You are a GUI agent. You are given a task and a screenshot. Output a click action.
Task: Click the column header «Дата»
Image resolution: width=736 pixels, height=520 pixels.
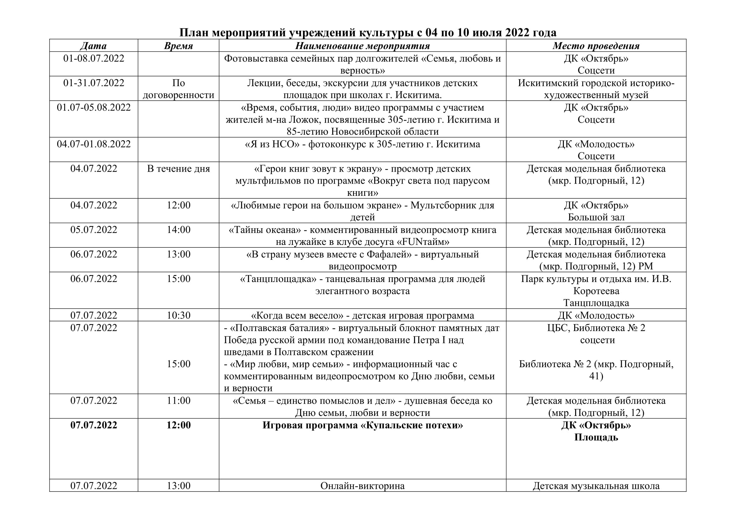click(93, 46)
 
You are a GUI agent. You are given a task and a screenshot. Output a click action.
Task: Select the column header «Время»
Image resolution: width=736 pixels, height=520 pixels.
click(178, 46)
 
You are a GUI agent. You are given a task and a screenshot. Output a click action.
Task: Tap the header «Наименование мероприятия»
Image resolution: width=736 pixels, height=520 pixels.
click(362, 46)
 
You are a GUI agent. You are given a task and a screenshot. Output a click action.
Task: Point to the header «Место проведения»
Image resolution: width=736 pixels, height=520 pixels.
click(596, 46)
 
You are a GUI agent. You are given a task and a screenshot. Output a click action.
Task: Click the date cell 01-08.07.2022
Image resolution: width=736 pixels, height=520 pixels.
click(93, 58)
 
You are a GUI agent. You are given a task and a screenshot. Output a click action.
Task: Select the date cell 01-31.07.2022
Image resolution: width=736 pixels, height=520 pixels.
click(93, 83)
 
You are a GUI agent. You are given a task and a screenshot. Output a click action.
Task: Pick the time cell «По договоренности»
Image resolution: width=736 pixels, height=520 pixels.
click(178, 89)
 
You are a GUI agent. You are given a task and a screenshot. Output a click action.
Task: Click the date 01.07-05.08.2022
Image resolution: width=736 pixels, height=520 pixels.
click(93, 107)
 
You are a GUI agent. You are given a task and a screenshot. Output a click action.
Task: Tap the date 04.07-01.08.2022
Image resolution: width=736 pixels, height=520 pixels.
click(93, 144)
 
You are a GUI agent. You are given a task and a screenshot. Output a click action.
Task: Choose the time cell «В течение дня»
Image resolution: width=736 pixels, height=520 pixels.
click(178, 169)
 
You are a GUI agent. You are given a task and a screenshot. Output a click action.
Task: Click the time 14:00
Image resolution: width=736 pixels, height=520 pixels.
click(178, 230)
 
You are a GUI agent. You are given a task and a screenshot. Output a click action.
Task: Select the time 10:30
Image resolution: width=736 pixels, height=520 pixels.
click(178, 315)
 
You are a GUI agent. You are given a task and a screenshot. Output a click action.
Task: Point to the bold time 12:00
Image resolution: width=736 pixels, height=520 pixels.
click(178, 425)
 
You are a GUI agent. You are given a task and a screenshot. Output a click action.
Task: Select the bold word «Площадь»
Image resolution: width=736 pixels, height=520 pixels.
click(596, 437)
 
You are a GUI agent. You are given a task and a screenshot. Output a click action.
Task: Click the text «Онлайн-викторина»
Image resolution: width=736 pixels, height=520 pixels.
click(362, 486)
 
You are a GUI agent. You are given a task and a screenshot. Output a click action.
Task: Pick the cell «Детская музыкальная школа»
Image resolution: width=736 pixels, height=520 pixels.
click(596, 486)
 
